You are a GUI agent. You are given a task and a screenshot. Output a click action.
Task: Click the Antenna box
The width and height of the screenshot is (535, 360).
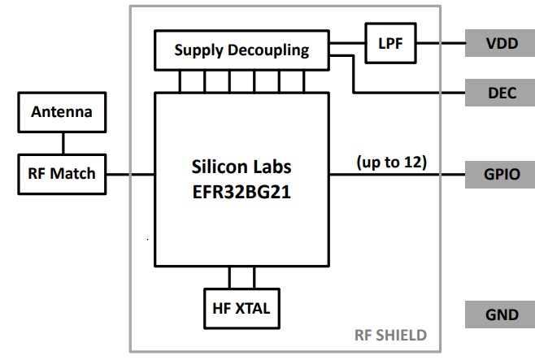click(62, 112)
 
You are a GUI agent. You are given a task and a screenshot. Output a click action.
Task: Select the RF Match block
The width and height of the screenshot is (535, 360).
click(62, 173)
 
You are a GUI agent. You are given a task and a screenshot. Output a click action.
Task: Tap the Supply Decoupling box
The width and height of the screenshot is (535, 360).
click(241, 50)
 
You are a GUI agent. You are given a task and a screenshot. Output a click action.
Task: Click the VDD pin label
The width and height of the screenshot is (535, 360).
click(500, 44)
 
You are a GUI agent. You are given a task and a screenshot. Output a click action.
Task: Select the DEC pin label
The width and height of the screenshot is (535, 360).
click(500, 93)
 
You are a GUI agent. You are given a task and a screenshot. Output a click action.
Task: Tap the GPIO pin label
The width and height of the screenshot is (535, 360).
click(500, 174)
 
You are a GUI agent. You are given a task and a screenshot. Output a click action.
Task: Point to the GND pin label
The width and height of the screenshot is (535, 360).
click(500, 314)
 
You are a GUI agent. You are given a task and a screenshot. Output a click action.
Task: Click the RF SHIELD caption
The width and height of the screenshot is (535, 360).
click(390, 335)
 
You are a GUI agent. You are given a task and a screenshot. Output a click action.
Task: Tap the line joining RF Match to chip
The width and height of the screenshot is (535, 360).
click(130, 174)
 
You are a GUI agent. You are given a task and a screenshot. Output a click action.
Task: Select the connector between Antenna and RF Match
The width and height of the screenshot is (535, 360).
click(62, 143)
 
